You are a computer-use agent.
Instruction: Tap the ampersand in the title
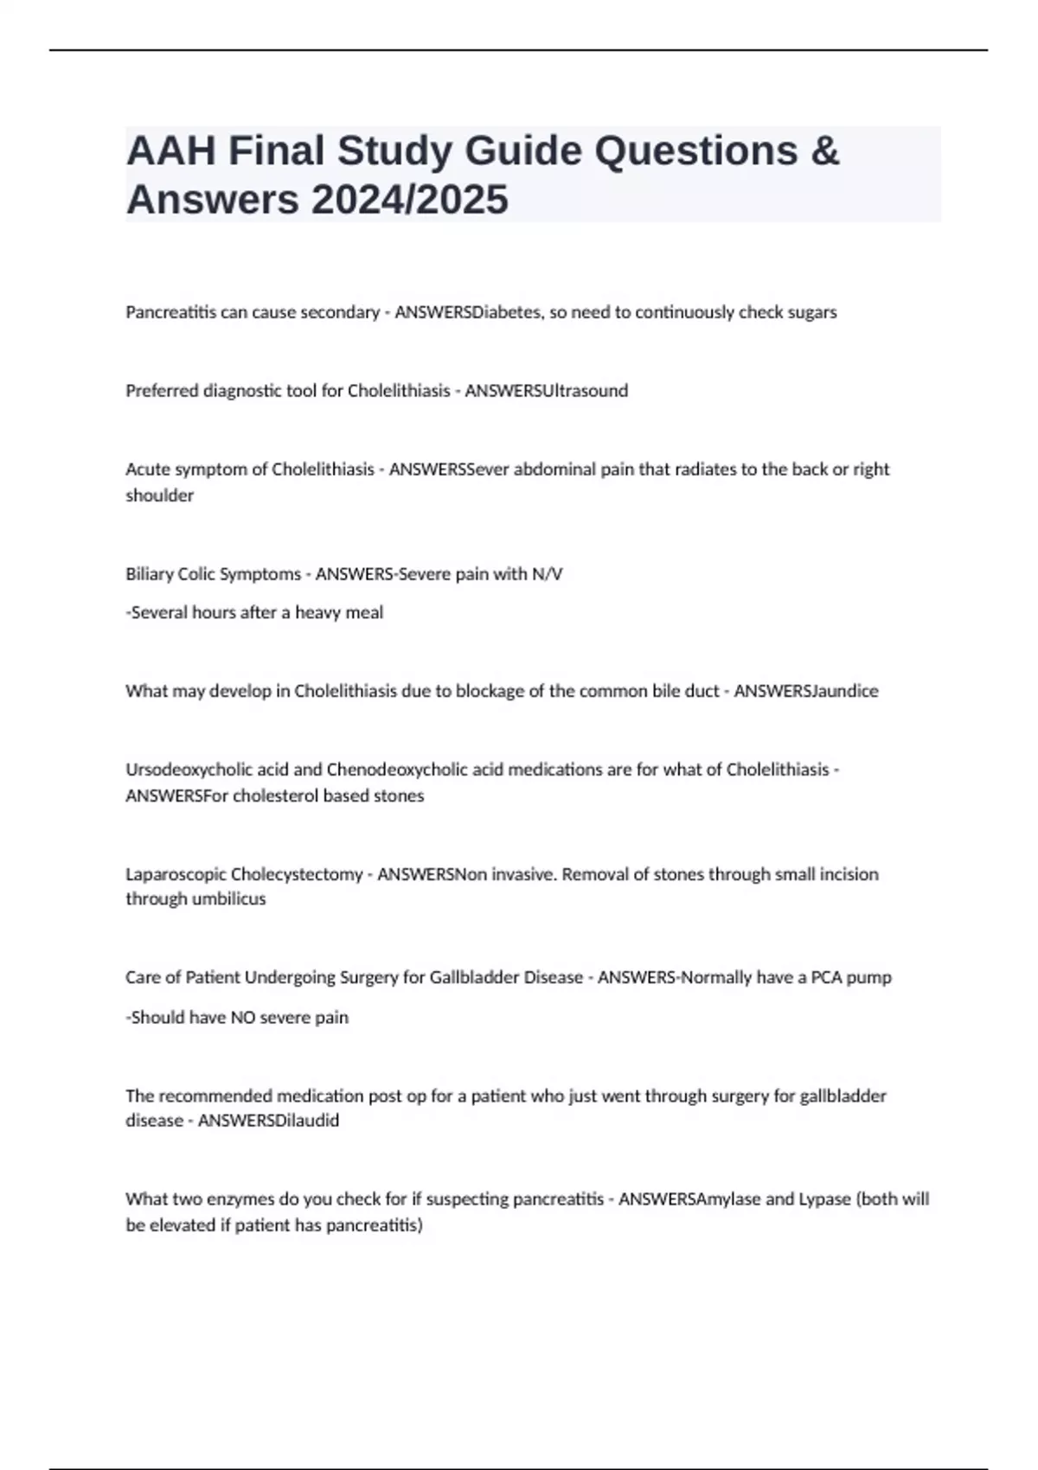(826, 150)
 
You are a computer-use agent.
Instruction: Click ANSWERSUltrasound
(547, 391)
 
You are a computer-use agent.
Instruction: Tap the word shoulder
(160, 495)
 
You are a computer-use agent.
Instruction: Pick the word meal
(365, 612)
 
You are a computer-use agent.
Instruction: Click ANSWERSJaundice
(806, 691)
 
